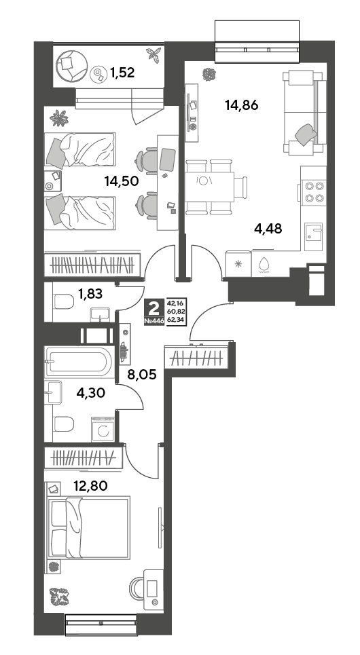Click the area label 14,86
241,105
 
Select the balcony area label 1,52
122,73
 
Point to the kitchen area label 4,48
268,229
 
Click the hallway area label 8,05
142,375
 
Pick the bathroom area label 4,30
91,392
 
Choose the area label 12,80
91,485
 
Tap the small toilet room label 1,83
90,295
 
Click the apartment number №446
154,322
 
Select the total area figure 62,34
177,320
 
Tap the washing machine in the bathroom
103,429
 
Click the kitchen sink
313,236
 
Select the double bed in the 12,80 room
88,527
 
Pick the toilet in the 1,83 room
64,301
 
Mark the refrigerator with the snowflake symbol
238,263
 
